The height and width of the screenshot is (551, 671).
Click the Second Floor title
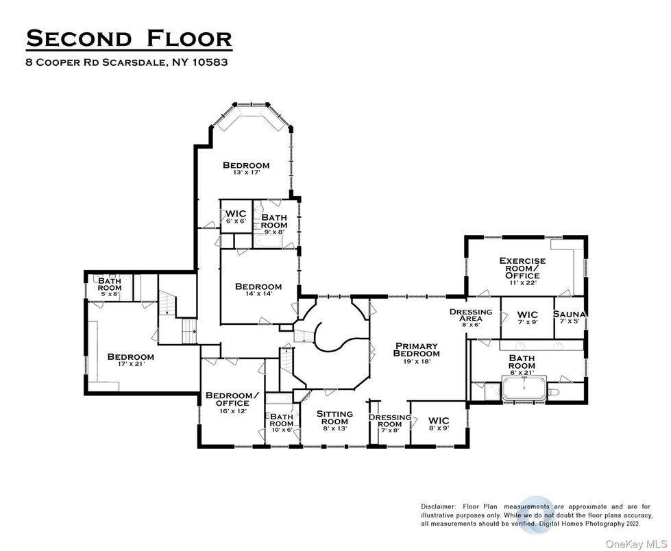click(129, 38)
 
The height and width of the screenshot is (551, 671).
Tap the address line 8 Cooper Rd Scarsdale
click(127, 62)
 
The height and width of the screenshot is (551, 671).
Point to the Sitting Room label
click(334, 417)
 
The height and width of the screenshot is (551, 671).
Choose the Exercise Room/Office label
click(522, 270)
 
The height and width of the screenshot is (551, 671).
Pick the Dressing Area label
click(470, 315)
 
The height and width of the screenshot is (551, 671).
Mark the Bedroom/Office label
click(233, 399)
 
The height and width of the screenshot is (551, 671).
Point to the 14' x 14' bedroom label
click(258, 290)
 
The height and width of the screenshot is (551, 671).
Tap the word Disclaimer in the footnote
click(440, 506)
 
